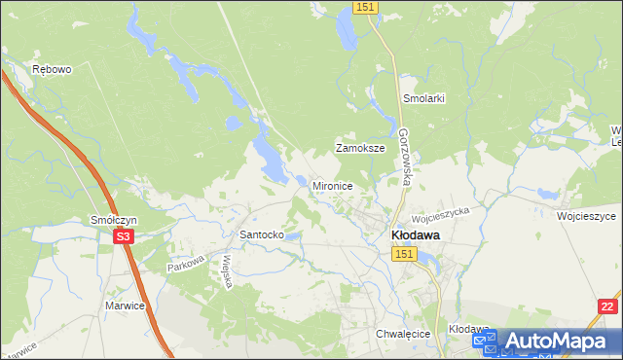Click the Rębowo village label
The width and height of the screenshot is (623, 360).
pos(52,70)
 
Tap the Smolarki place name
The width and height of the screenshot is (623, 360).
pos(423,99)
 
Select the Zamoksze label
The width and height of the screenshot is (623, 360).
pos(360,149)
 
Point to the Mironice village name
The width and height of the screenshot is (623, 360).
pos(332,185)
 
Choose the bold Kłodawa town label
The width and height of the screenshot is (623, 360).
pos(415,235)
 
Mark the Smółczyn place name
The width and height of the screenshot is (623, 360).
pos(113,221)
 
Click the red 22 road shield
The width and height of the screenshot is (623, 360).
pos(606,306)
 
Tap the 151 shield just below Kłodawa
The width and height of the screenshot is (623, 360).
pos(405,254)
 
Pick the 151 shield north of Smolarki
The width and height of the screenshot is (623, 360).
pos(365,7)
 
